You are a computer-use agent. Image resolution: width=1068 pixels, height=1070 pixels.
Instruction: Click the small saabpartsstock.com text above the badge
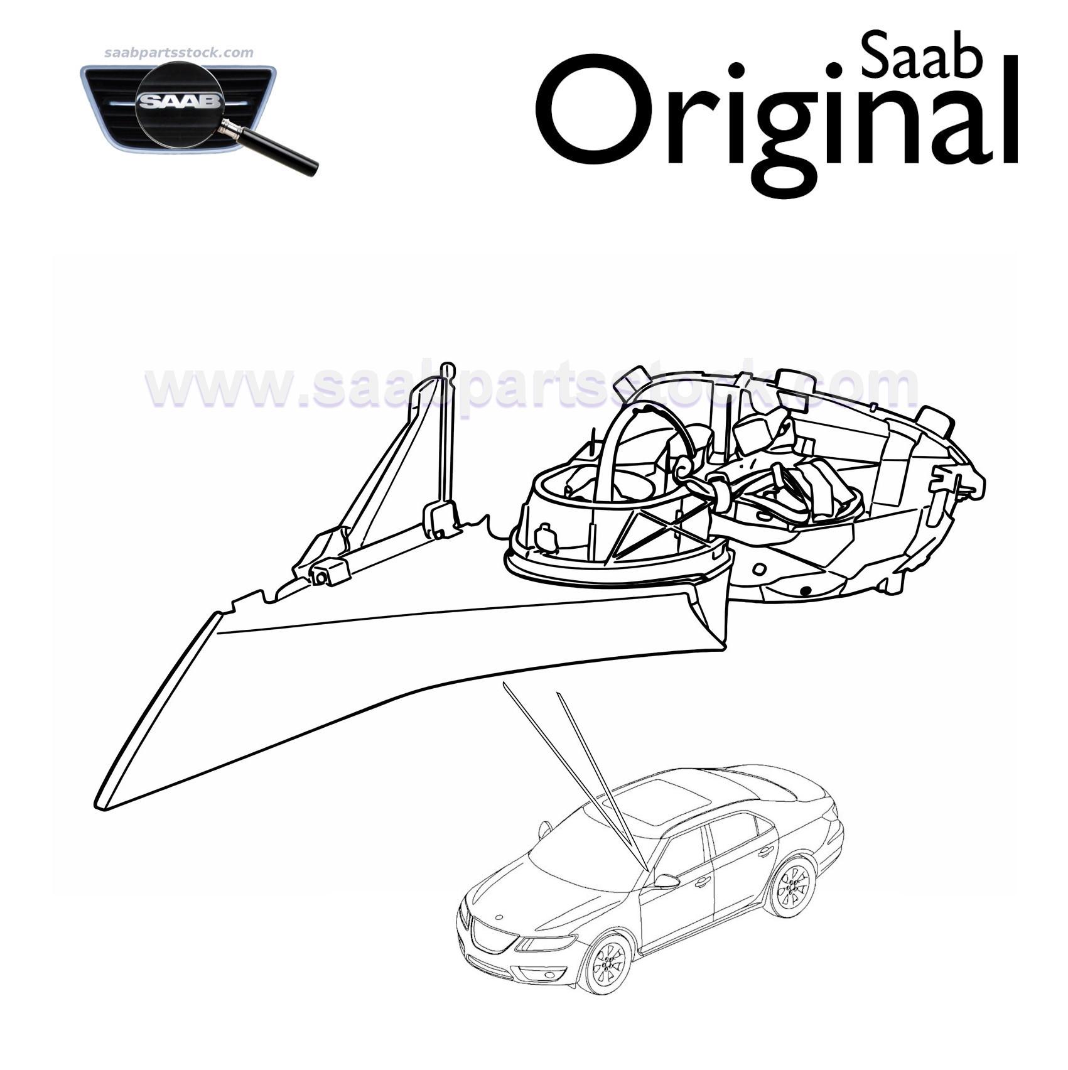[x=178, y=53]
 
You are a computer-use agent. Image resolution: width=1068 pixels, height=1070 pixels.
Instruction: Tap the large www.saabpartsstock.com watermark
[x=531, y=384]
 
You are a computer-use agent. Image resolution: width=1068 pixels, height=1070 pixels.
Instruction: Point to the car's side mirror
[x=666, y=882]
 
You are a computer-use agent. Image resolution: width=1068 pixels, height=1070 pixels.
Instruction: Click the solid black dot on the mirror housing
[x=806, y=590]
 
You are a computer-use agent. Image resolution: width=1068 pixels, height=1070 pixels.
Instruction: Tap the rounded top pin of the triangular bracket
[x=447, y=367]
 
